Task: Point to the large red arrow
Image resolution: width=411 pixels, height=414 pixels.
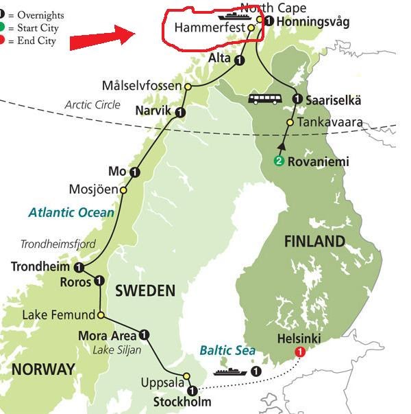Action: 103,37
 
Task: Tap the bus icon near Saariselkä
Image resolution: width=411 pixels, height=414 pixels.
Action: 265,100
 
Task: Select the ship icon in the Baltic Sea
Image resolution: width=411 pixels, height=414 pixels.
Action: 229,371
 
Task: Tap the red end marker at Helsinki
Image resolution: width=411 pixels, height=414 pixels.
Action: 299,352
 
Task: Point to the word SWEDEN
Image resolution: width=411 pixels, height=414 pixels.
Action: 145,290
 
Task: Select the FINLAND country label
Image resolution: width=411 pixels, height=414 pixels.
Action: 315,241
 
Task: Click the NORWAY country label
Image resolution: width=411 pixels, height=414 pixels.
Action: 42,369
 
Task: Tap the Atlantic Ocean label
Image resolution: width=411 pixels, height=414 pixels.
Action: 71,213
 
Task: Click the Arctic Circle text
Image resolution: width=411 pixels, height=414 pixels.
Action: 92,105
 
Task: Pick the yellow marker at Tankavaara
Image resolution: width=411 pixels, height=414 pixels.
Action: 289,123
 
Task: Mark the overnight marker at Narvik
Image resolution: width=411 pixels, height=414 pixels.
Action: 180,111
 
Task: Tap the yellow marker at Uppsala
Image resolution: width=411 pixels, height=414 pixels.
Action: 187,376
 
